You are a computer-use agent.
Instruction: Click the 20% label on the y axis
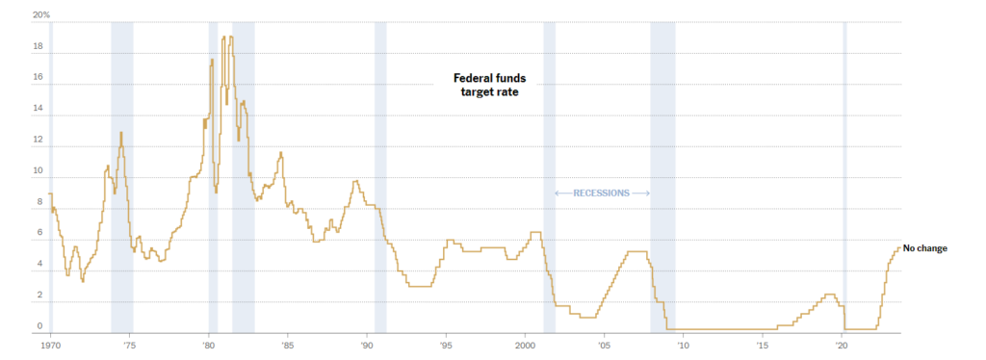(x=41, y=15)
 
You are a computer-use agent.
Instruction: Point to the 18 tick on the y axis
(x=38, y=47)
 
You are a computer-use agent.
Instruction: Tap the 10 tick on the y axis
(x=38, y=172)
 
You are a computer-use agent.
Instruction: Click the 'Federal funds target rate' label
(x=490, y=86)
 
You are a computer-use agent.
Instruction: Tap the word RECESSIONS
(x=601, y=193)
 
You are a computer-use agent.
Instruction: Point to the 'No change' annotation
(x=925, y=248)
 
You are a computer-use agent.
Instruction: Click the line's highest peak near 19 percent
(x=223, y=38)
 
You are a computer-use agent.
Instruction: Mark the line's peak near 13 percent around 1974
(x=121, y=133)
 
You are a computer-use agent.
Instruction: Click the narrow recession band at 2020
(x=844, y=173)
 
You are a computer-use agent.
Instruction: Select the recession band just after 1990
(x=380, y=173)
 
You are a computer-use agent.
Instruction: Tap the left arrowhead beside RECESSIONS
(x=558, y=193)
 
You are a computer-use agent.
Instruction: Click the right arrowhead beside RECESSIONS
(x=647, y=193)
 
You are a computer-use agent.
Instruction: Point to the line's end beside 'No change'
(x=900, y=247)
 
